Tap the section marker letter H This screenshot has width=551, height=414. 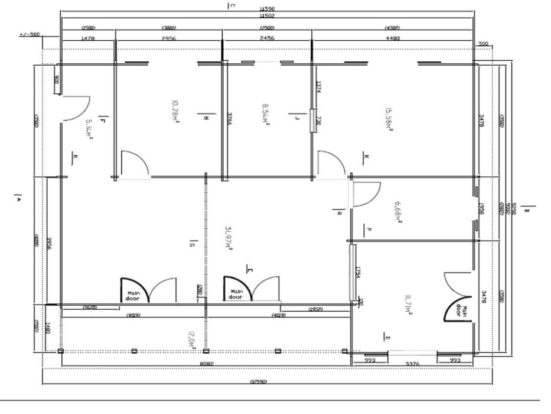[206, 118]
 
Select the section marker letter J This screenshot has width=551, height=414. [296, 118]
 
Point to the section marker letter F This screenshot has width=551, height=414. [103, 121]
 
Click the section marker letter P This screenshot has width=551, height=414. [368, 228]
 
